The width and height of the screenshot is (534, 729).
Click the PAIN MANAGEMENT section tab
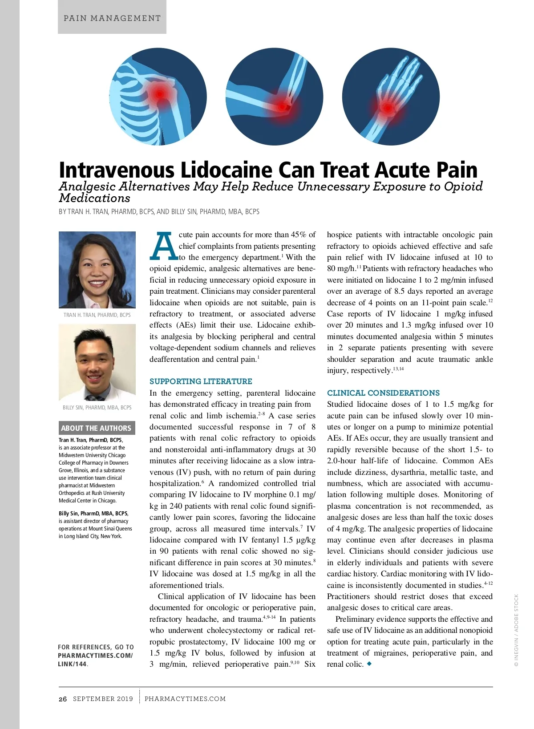coord(112,18)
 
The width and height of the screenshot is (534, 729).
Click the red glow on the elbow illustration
coord(282,106)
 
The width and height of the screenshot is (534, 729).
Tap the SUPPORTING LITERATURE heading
coord(201,381)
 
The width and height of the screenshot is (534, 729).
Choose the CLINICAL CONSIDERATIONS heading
coord(383,393)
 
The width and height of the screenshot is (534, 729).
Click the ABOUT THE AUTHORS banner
coord(96,428)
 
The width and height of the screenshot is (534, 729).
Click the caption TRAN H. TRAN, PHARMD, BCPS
coord(97,315)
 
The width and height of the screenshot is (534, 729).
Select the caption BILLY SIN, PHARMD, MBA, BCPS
coord(97,408)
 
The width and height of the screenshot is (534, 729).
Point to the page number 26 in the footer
coord(63,699)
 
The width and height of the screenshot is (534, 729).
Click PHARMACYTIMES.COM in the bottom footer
coord(185,699)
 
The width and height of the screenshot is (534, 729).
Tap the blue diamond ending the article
coord(369,664)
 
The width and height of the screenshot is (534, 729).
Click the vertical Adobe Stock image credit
coord(516,630)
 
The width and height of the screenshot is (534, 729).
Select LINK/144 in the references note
coord(72,664)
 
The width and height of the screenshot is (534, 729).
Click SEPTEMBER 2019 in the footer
coord(103,699)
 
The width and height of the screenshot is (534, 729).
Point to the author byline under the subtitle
coord(159,212)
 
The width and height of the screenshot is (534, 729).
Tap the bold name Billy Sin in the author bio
coord(69,513)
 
